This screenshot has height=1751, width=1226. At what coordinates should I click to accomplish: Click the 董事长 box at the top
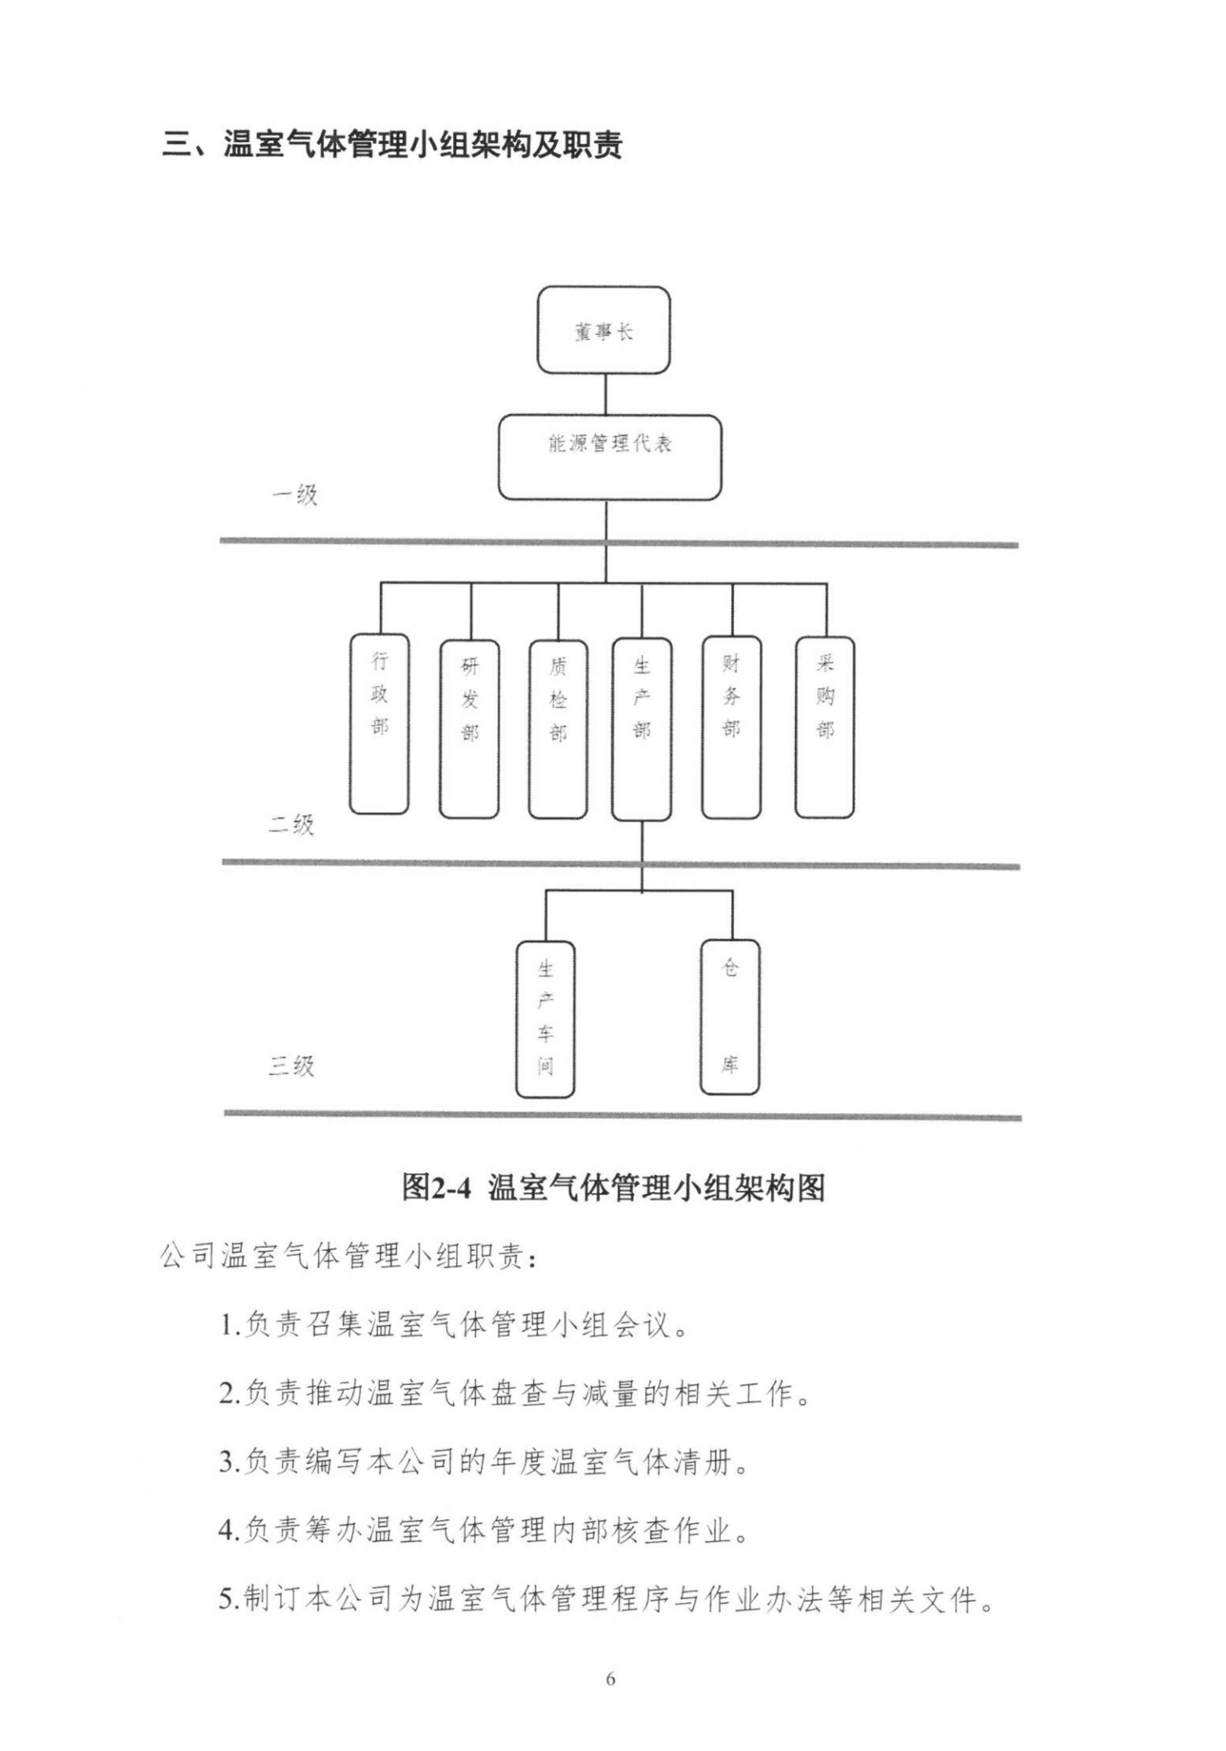click(603, 330)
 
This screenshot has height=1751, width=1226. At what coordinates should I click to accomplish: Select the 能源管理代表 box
click(610, 457)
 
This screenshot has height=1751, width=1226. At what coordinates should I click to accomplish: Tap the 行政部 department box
click(379, 724)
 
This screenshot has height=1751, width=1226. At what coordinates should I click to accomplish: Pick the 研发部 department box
click(469, 728)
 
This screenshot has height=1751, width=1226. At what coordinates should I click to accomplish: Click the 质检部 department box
click(558, 728)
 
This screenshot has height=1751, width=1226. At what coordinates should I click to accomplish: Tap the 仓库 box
click(730, 1017)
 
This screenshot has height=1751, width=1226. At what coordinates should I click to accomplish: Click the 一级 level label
click(295, 496)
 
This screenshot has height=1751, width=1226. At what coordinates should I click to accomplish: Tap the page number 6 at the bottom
click(610, 1678)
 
